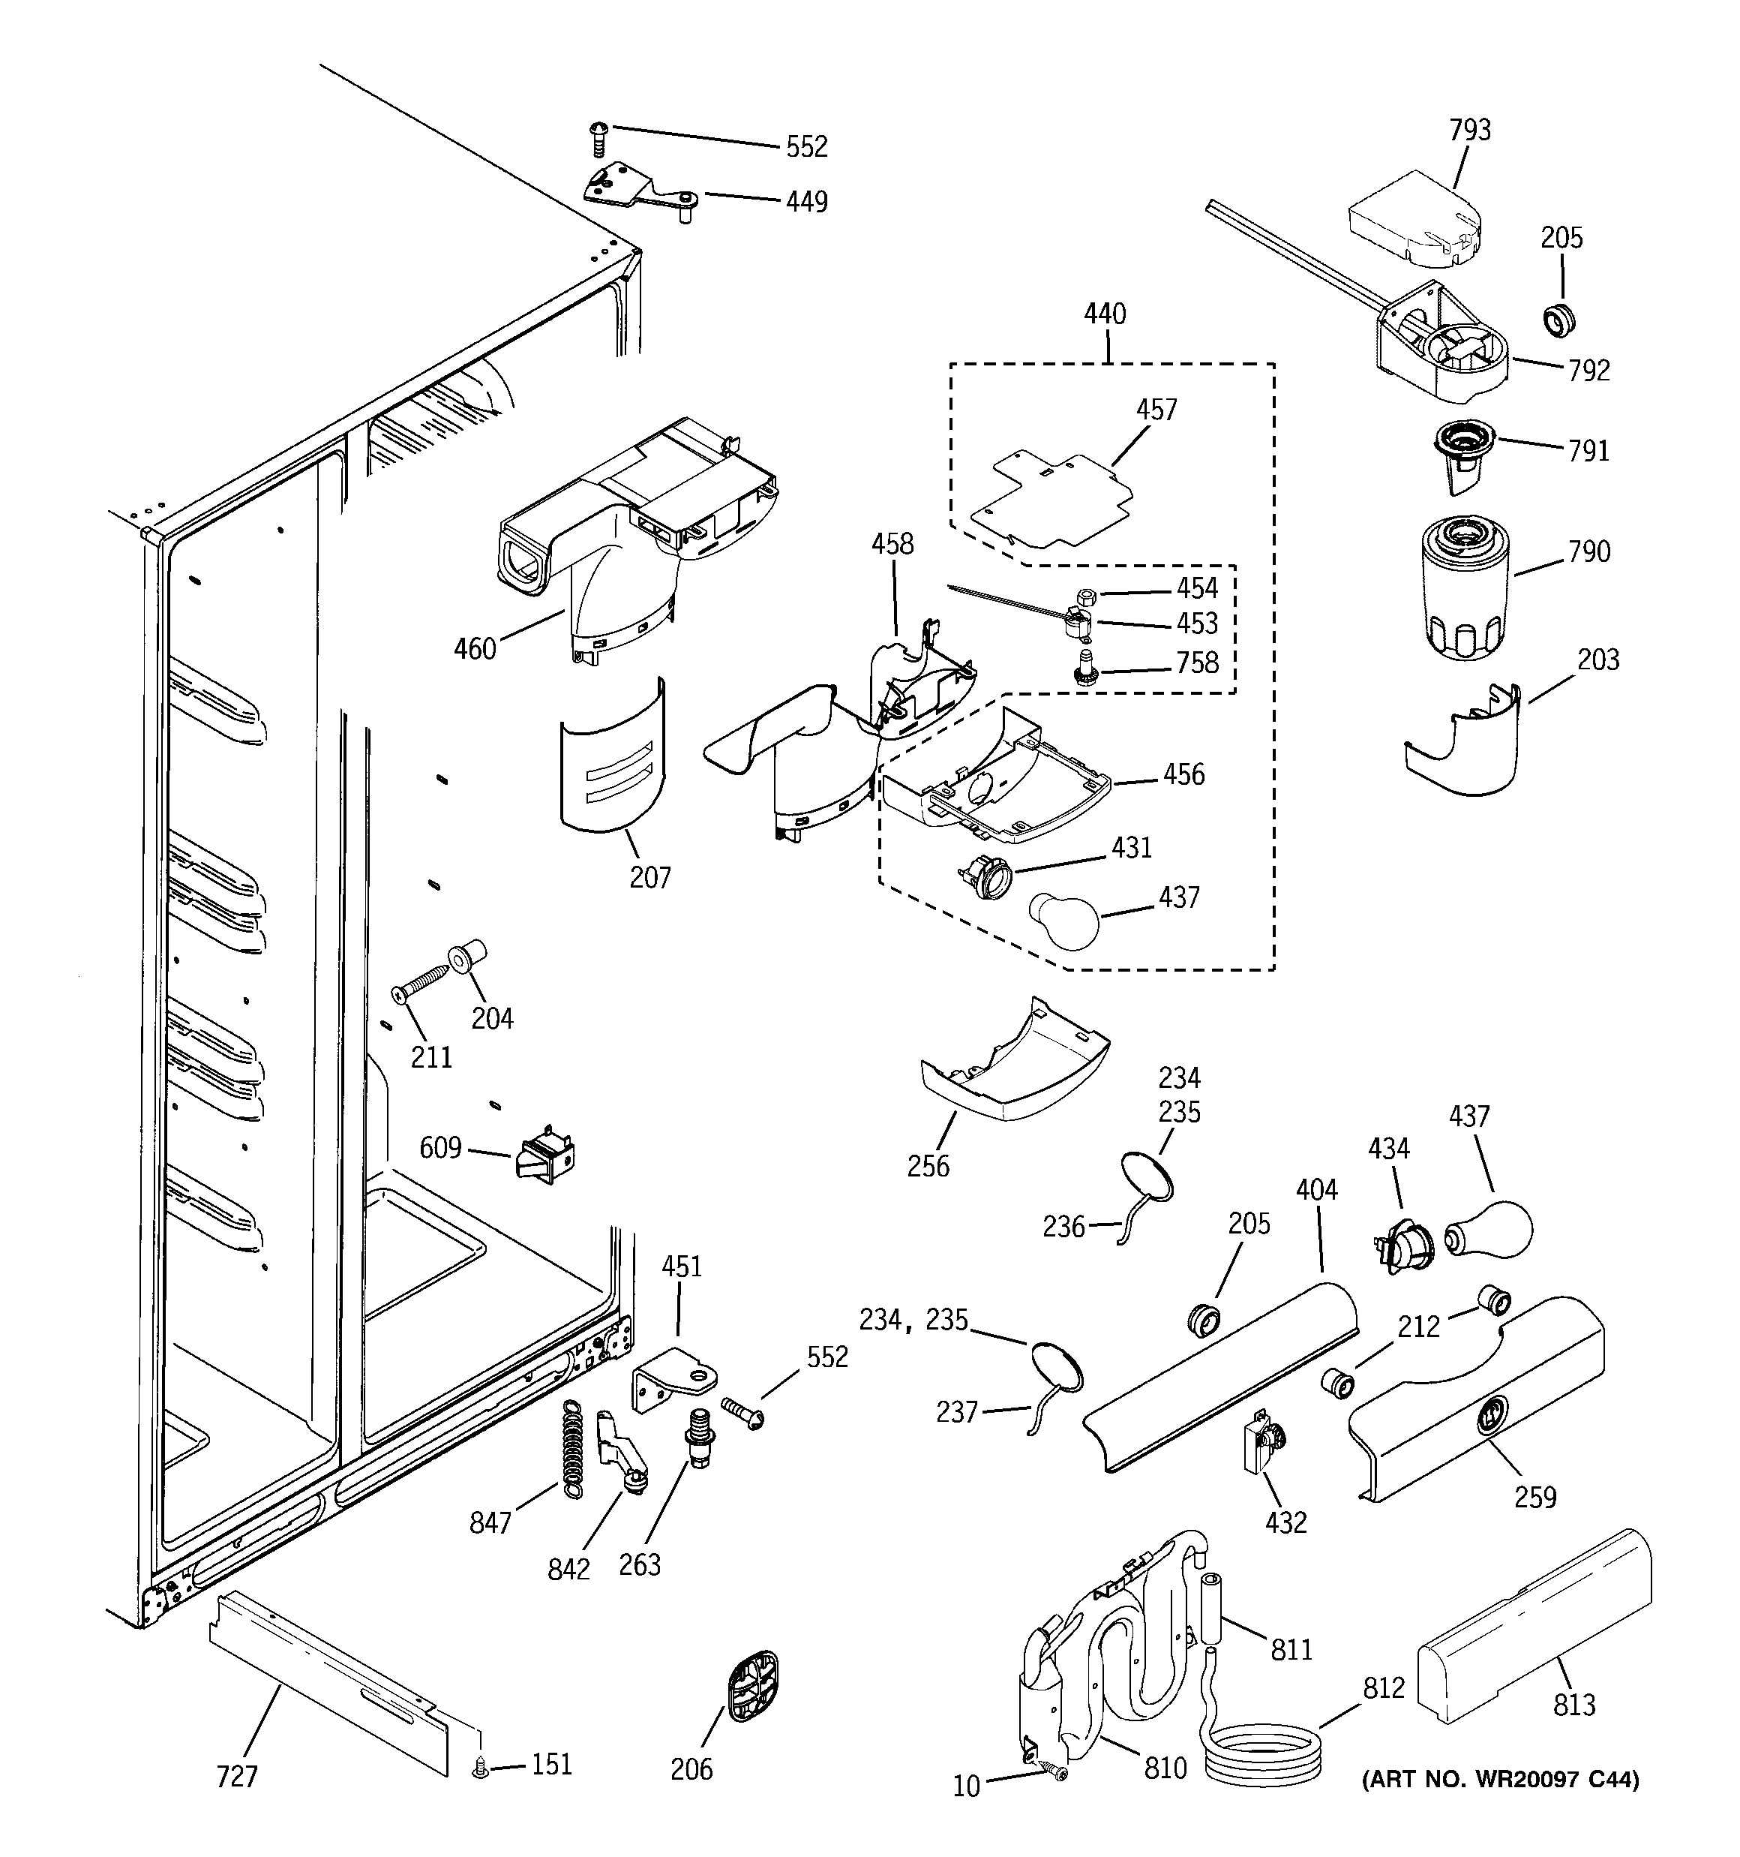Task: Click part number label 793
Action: tap(1469, 130)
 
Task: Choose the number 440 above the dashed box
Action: tap(1105, 314)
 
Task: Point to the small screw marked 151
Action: tap(481, 1766)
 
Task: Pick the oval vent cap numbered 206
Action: tap(751, 1687)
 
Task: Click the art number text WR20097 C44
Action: tap(1500, 1780)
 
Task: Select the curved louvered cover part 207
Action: tap(613, 756)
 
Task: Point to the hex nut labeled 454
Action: tap(1085, 596)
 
